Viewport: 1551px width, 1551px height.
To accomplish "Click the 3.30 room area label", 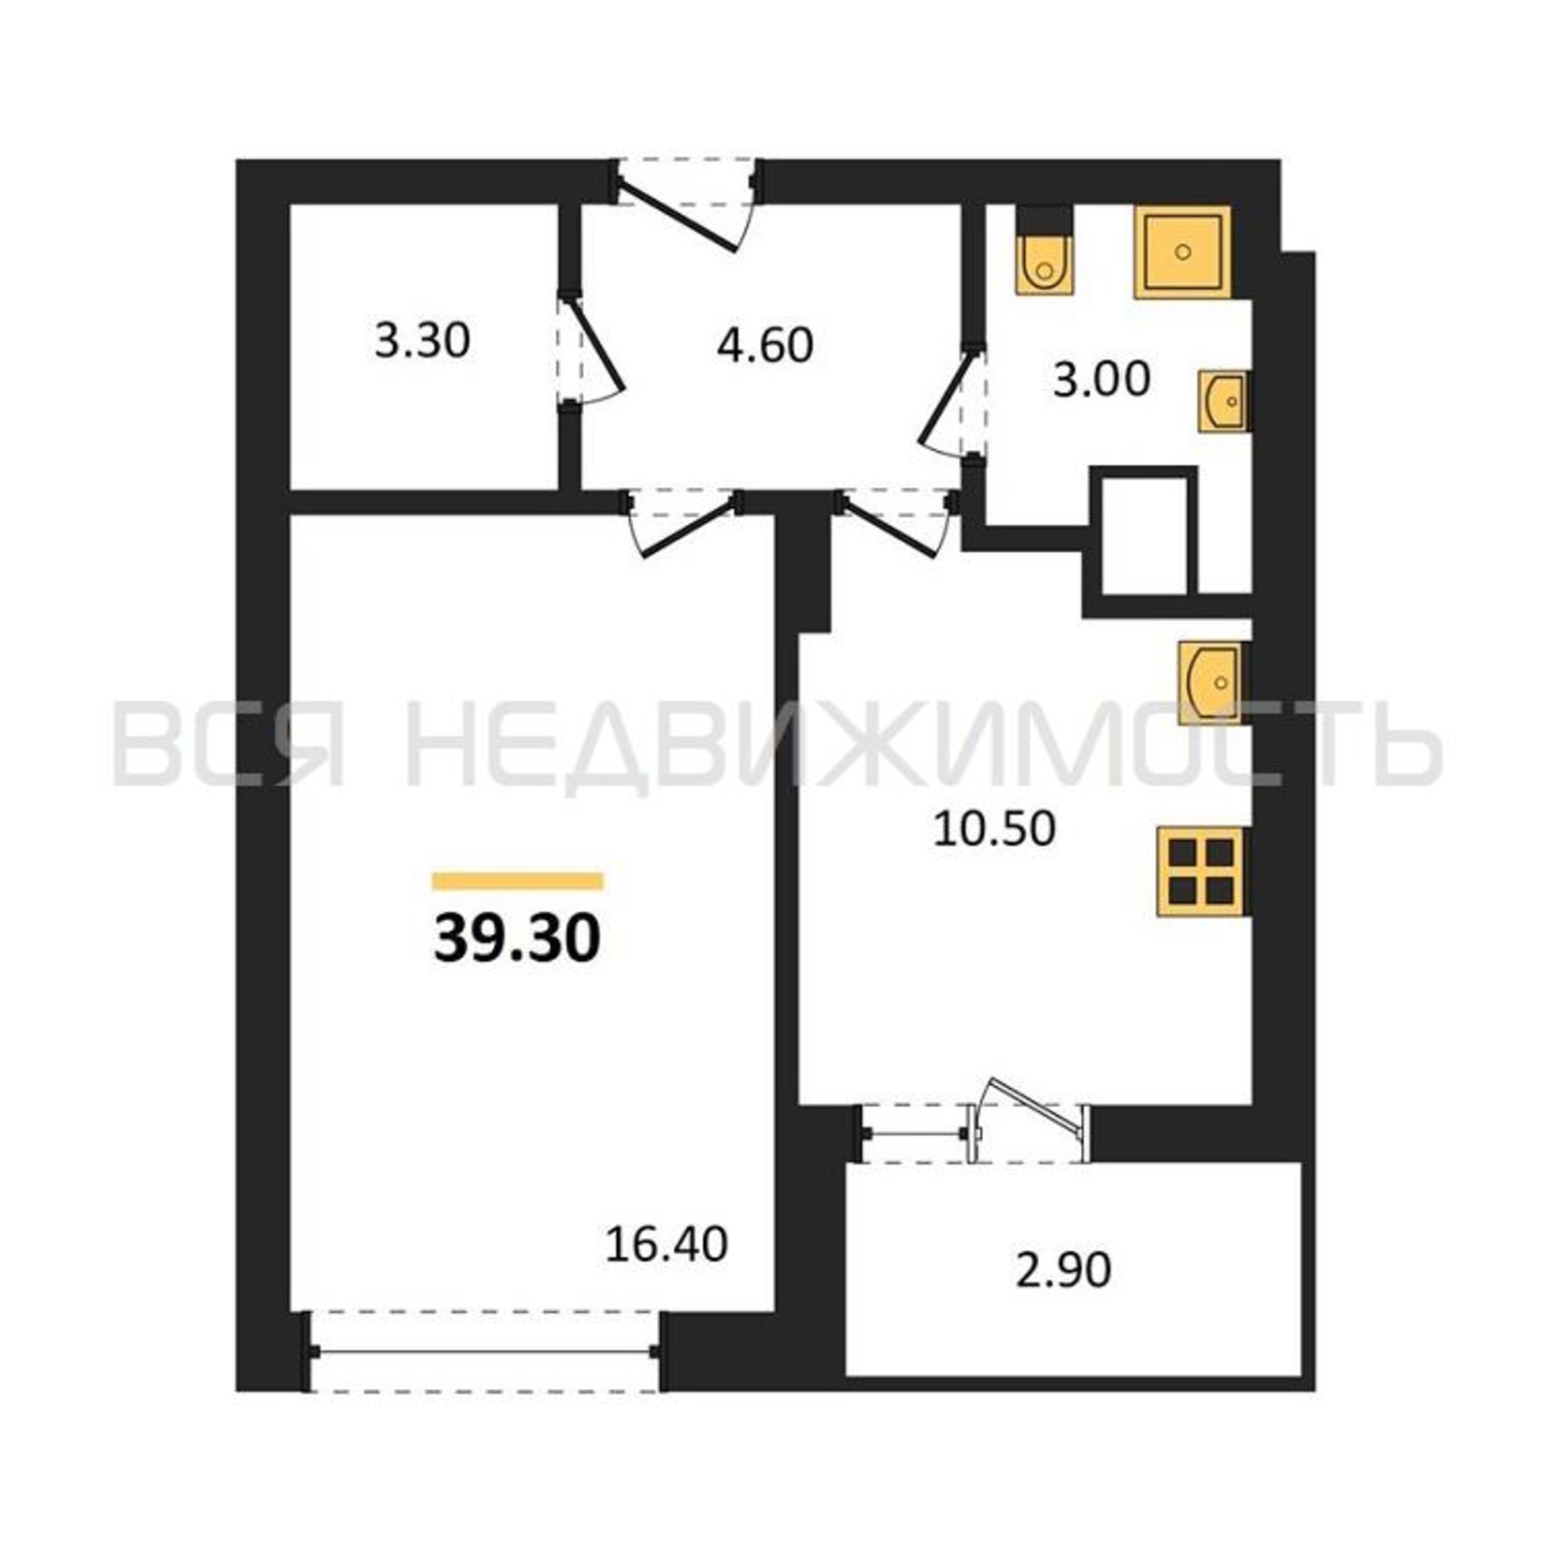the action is click(x=423, y=340).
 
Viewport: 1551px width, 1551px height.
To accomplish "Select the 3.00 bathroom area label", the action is click(x=1101, y=379).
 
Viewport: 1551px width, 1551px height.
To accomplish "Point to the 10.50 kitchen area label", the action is click(x=994, y=828).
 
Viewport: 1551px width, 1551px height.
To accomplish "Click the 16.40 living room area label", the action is click(x=666, y=1245).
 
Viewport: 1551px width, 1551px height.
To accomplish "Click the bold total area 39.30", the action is click(x=517, y=939).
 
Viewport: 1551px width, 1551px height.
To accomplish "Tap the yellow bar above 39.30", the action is click(x=518, y=881).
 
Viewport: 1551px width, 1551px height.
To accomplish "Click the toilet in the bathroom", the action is click(x=1045, y=252).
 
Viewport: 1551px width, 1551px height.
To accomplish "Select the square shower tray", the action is click(x=1183, y=252).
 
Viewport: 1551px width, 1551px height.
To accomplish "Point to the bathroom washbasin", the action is click(x=1224, y=402).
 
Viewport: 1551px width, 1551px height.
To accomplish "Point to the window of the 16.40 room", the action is click(x=484, y=1352).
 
